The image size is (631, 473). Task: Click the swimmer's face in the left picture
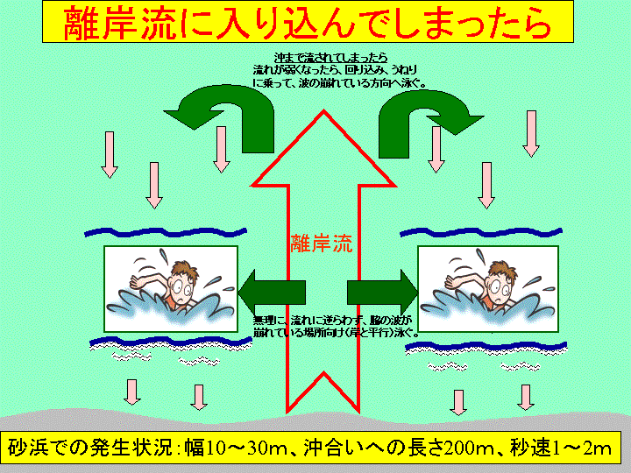pos(181,284)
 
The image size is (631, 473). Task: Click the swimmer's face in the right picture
pos(495,284)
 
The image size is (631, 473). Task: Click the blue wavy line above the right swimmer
pos(478,233)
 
